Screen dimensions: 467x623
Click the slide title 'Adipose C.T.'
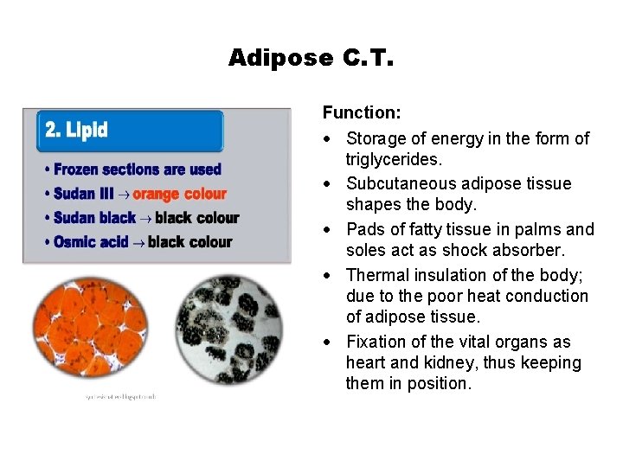pos(311,58)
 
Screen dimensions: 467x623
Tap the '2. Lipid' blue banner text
pos(76,130)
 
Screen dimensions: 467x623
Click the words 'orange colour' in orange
pos(179,194)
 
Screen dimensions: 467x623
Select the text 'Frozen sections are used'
pos(137,170)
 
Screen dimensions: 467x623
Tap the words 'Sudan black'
pos(93,218)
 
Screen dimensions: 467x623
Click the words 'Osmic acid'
pos(92,242)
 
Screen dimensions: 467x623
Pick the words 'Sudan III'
pos(83,194)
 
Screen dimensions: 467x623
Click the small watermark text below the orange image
pos(120,396)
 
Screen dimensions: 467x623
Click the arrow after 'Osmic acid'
pos(138,243)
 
